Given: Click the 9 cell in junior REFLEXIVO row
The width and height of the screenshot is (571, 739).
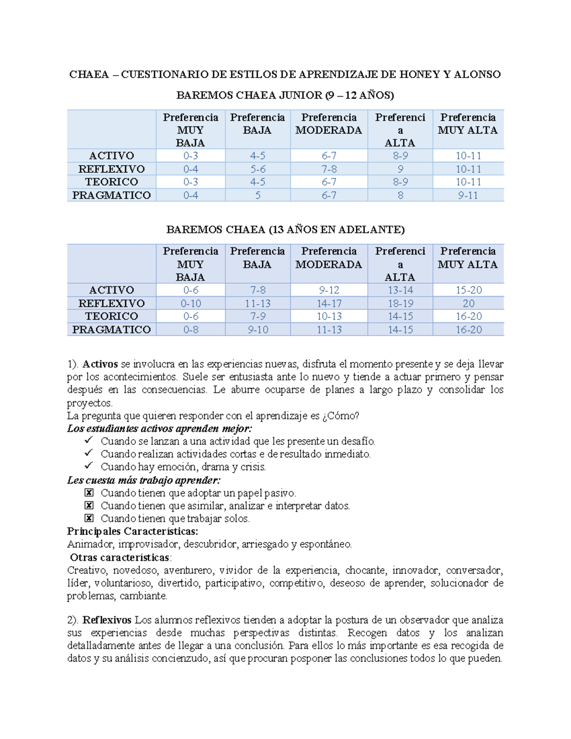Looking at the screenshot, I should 400,169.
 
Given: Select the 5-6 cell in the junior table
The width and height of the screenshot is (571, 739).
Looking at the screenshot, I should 257,169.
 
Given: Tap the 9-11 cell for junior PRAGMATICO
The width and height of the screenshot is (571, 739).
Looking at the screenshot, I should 468,195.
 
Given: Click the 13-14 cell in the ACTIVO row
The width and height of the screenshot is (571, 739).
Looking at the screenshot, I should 400,290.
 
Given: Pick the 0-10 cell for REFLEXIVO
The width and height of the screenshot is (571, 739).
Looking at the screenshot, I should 190,303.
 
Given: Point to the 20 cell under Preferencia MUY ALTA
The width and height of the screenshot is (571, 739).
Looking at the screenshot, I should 468,303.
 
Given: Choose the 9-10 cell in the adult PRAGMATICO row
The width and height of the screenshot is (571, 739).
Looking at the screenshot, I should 257,329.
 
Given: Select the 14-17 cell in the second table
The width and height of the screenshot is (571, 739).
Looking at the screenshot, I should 329,303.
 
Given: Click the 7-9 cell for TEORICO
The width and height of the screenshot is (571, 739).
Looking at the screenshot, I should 257,316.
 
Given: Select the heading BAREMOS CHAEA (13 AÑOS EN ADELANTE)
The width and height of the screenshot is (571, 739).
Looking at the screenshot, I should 285,229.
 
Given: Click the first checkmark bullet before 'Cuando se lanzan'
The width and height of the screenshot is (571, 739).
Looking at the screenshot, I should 89,441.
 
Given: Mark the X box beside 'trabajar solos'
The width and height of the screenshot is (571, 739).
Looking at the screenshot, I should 89,518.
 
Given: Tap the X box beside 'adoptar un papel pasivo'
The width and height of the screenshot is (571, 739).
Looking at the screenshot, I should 89,493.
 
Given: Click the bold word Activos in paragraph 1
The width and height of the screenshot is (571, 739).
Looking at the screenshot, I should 100,364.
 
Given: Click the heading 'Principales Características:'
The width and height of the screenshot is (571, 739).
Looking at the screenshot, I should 132,531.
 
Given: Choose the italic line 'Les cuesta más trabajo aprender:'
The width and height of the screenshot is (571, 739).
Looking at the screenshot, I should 144,480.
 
